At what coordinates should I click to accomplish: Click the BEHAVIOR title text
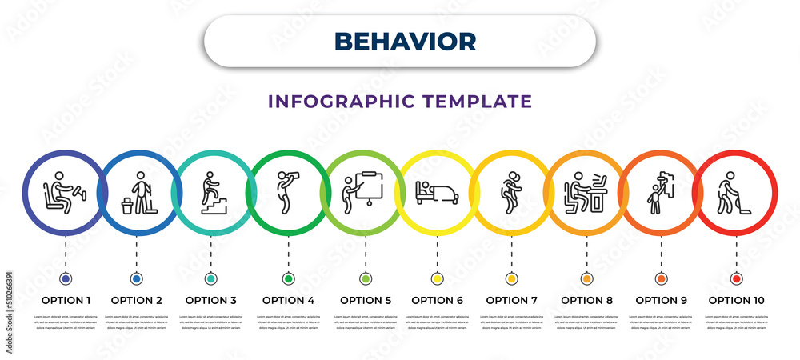(x=405, y=41)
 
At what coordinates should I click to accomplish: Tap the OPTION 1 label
(x=66, y=301)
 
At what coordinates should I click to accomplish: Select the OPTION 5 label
(x=366, y=301)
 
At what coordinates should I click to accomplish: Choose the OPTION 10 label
(x=736, y=301)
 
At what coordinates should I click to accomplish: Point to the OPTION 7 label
(x=512, y=301)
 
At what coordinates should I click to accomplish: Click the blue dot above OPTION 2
(x=136, y=279)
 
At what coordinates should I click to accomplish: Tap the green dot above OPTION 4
(x=288, y=279)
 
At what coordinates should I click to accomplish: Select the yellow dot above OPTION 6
(x=437, y=279)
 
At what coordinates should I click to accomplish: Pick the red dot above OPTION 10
(x=736, y=279)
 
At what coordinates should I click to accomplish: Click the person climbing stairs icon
(x=211, y=193)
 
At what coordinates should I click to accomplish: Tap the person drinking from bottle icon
(x=287, y=192)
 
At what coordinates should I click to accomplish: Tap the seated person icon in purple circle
(x=63, y=193)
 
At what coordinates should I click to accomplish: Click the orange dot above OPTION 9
(x=661, y=279)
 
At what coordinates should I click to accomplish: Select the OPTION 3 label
(x=211, y=301)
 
